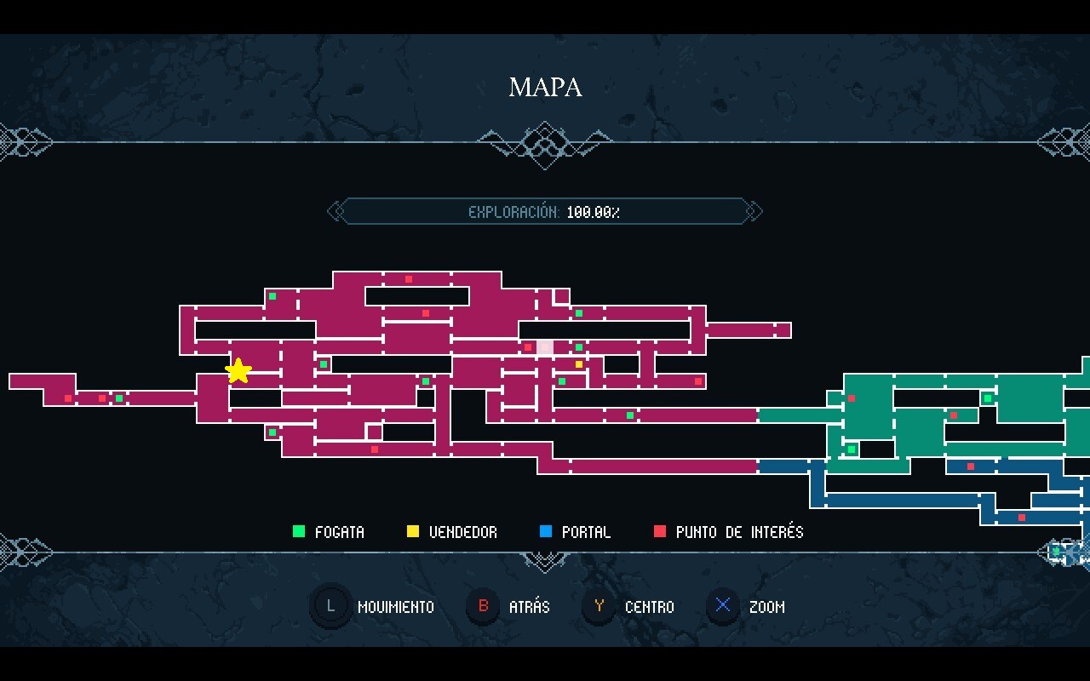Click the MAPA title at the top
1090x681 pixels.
[x=545, y=87]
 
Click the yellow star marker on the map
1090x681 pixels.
[x=238, y=370]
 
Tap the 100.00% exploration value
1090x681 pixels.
[x=593, y=212]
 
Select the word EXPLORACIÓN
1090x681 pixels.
[x=513, y=212]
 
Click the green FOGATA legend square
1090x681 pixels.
[x=298, y=532]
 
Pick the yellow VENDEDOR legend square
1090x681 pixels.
[x=413, y=532]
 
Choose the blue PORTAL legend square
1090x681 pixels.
[x=546, y=532]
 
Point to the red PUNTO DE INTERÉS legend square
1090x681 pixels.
[x=659, y=532]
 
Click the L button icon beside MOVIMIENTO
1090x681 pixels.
[x=330, y=607]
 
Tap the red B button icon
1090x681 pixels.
[x=484, y=607]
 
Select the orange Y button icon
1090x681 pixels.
[x=599, y=607]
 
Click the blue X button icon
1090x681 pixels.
[x=724, y=607]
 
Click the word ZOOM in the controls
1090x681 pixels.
[x=766, y=607]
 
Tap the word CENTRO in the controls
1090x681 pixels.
[x=649, y=607]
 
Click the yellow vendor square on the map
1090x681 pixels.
[x=579, y=364]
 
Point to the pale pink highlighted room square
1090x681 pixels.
[x=545, y=347]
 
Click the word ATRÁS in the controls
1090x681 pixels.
[x=529, y=607]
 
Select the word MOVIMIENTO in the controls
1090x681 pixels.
[x=395, y=607]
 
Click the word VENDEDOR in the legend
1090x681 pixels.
[x=462, y=532]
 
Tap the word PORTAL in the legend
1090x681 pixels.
[x=586, y=532]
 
